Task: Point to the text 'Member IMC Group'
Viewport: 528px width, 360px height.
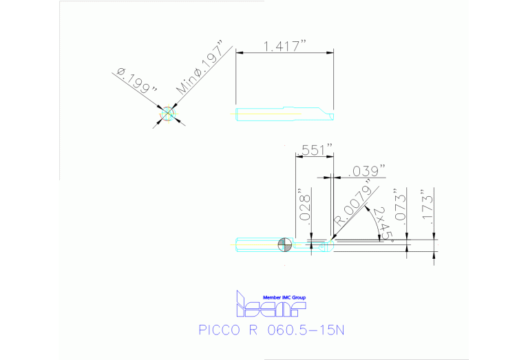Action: click(284, 297)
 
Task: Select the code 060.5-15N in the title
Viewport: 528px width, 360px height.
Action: click(305, 329)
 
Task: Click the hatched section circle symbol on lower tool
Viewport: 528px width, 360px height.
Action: click(284, 244)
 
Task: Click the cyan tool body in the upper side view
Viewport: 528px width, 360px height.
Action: click(282, 114)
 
